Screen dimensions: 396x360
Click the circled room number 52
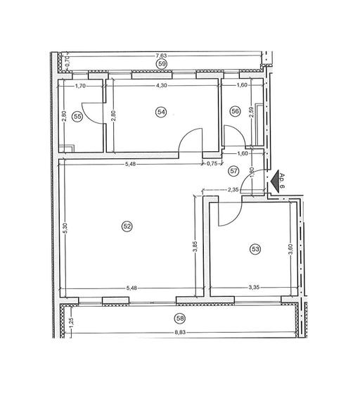point(127,226)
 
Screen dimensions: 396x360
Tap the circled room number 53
point(255,248)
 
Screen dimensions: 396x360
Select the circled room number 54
point(162,112)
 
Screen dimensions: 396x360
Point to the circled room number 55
point(77,117)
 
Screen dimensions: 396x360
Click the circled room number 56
point(235,110)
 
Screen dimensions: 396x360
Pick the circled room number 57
point(235,170)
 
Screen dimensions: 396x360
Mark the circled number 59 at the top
point(162,64)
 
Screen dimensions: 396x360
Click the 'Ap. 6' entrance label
point(280,181)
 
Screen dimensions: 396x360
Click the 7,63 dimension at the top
point(161,56)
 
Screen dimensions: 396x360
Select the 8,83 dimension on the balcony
point(181,328)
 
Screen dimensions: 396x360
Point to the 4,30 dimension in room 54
point(161,86)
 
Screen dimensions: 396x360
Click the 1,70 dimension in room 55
point(80,86)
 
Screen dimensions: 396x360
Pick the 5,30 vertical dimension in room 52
point(64,229)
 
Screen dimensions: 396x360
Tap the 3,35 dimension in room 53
point(255,288)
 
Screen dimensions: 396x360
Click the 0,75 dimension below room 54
point(211,163)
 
